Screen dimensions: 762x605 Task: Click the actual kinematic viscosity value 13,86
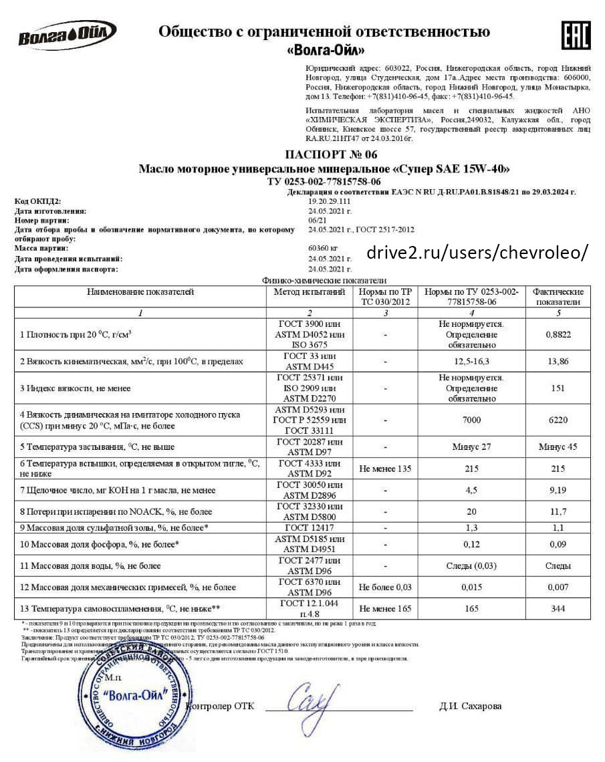(558, 362)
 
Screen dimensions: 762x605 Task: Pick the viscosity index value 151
(558, 388)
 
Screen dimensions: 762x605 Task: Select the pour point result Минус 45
(558, 447)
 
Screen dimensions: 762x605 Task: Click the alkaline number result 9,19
(558, 490)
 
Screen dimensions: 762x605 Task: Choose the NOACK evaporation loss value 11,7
(558, 511)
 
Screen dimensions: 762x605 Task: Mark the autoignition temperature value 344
(558, 608)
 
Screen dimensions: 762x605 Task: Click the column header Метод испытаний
(310, 292)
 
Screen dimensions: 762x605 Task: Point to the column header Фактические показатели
(558, 297)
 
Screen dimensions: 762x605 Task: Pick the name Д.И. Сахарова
(471, 706)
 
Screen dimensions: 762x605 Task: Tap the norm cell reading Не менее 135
(386, 468)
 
